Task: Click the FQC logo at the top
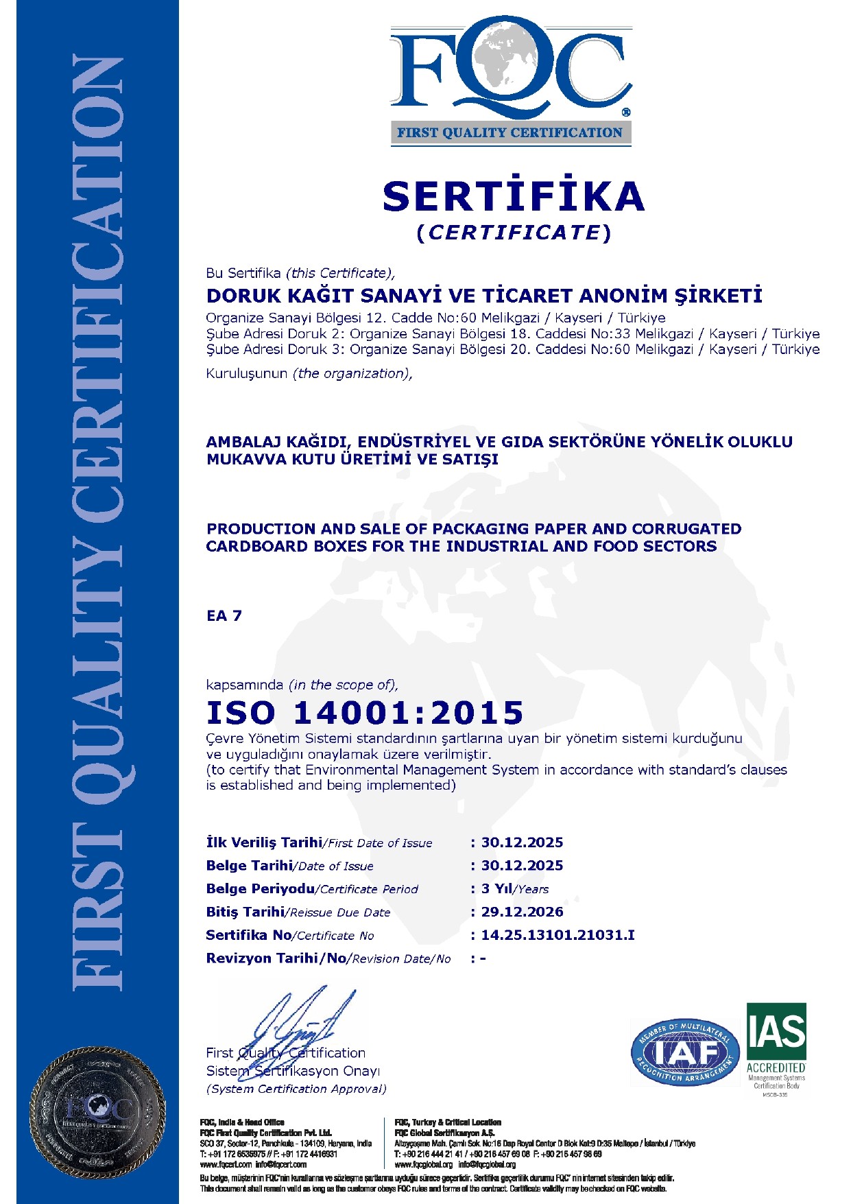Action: click(511, 69)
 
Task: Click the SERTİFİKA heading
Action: click(513, 196)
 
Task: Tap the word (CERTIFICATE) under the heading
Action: click(514, 233)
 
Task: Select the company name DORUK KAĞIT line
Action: click(484, 296)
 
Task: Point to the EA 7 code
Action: click(224, 615)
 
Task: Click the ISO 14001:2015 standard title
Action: click(365, 713)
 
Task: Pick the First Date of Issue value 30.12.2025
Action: click(522, 842)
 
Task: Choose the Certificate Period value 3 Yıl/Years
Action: click(514, 889)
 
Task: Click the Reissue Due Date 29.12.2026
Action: click(522, 912)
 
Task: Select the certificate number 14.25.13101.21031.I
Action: click(558, 935)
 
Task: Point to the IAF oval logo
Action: click(685, 1052)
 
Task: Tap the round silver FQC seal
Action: click(98, 1111)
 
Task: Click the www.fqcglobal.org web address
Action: click(424, 1164)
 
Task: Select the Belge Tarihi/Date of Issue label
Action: click(289, 866)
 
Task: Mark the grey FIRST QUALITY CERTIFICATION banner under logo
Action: click(510, 133)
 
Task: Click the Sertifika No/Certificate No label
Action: click(289, 935)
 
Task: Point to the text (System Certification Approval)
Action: click(296, 1089)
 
